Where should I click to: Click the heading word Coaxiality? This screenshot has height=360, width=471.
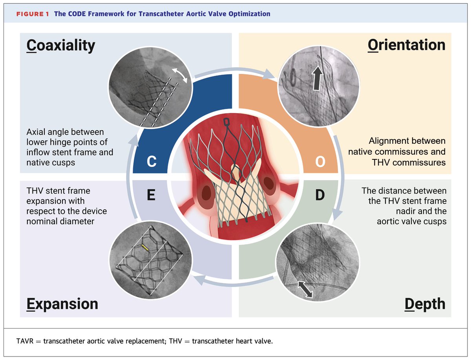click(61, 46)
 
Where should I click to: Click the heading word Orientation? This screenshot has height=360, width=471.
click(406, 45)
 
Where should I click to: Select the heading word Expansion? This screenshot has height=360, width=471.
click(62, 304)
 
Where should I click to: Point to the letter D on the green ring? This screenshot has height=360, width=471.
click(320, 195)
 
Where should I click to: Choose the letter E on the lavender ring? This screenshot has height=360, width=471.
click(152, 195)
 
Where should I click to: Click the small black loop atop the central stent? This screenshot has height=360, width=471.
click(226, 123)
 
